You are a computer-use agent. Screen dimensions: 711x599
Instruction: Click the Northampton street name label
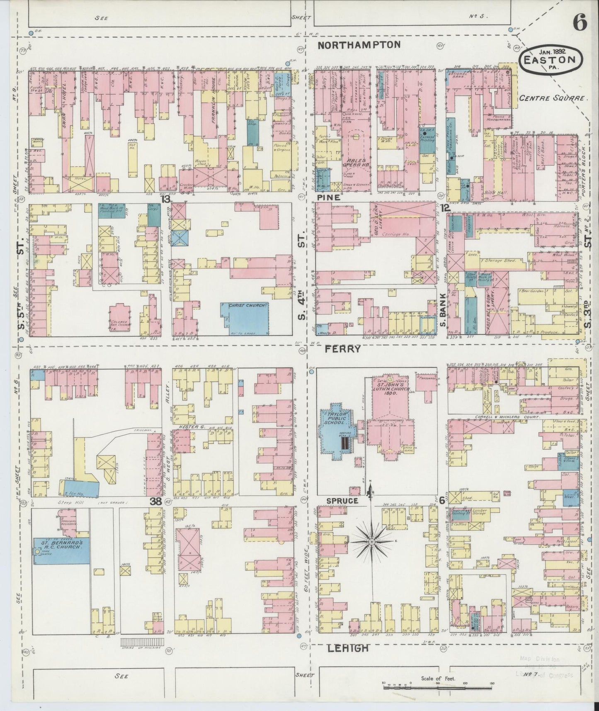[x=359, y=45]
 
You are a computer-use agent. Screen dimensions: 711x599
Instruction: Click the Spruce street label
[x=342, y=501]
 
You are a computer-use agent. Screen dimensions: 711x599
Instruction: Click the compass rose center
[x=372, y=542]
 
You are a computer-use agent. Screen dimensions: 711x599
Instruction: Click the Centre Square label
[x=553, y=98]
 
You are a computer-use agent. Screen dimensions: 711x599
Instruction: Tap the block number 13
[x=166, y=199]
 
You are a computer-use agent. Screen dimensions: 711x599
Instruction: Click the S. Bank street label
[x=443, y=310]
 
